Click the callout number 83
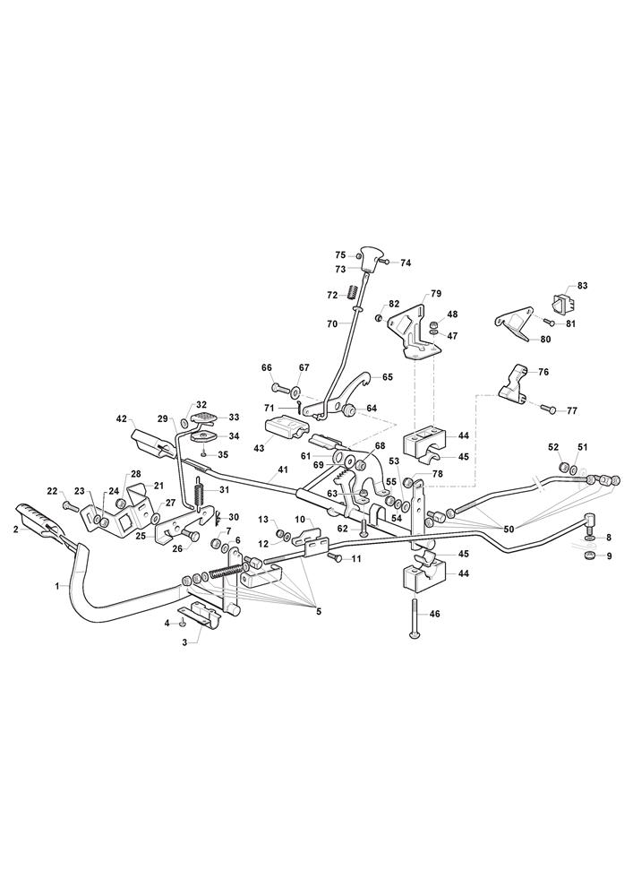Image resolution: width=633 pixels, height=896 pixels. (x=583, y=285)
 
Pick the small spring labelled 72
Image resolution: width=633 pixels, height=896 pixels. (x=353, y=290)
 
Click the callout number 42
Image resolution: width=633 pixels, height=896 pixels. (x=123, y=418)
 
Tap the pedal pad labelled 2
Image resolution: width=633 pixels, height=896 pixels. (x=36, y=521)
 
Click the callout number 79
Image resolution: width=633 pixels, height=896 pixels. (x=436, y=293)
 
